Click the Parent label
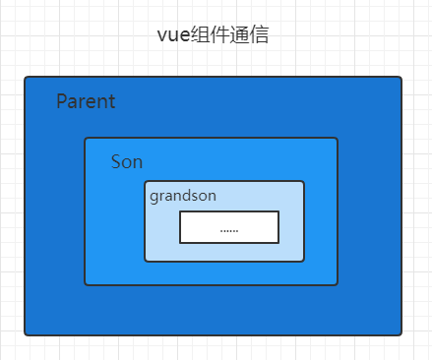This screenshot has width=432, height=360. coord(86,101)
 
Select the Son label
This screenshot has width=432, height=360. coord(127,162)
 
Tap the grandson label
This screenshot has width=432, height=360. coord(183,196)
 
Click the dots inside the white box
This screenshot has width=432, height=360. coord(229,228)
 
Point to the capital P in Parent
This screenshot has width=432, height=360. coord(62,101)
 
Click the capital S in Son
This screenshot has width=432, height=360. coord(116,162)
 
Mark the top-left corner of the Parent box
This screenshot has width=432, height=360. coord(26,78)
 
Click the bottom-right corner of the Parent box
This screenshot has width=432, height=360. coord(401,334)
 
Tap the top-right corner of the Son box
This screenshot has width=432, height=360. coord(338,139)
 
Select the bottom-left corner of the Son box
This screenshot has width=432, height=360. coord(86,284)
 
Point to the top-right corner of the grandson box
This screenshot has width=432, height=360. coord(303,182)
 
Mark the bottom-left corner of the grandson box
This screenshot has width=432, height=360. coord(146,261)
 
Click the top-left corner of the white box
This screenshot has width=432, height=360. coord(180,211)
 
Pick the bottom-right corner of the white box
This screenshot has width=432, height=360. coord(278,242)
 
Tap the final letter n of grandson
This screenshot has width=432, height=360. coord(212,196)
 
